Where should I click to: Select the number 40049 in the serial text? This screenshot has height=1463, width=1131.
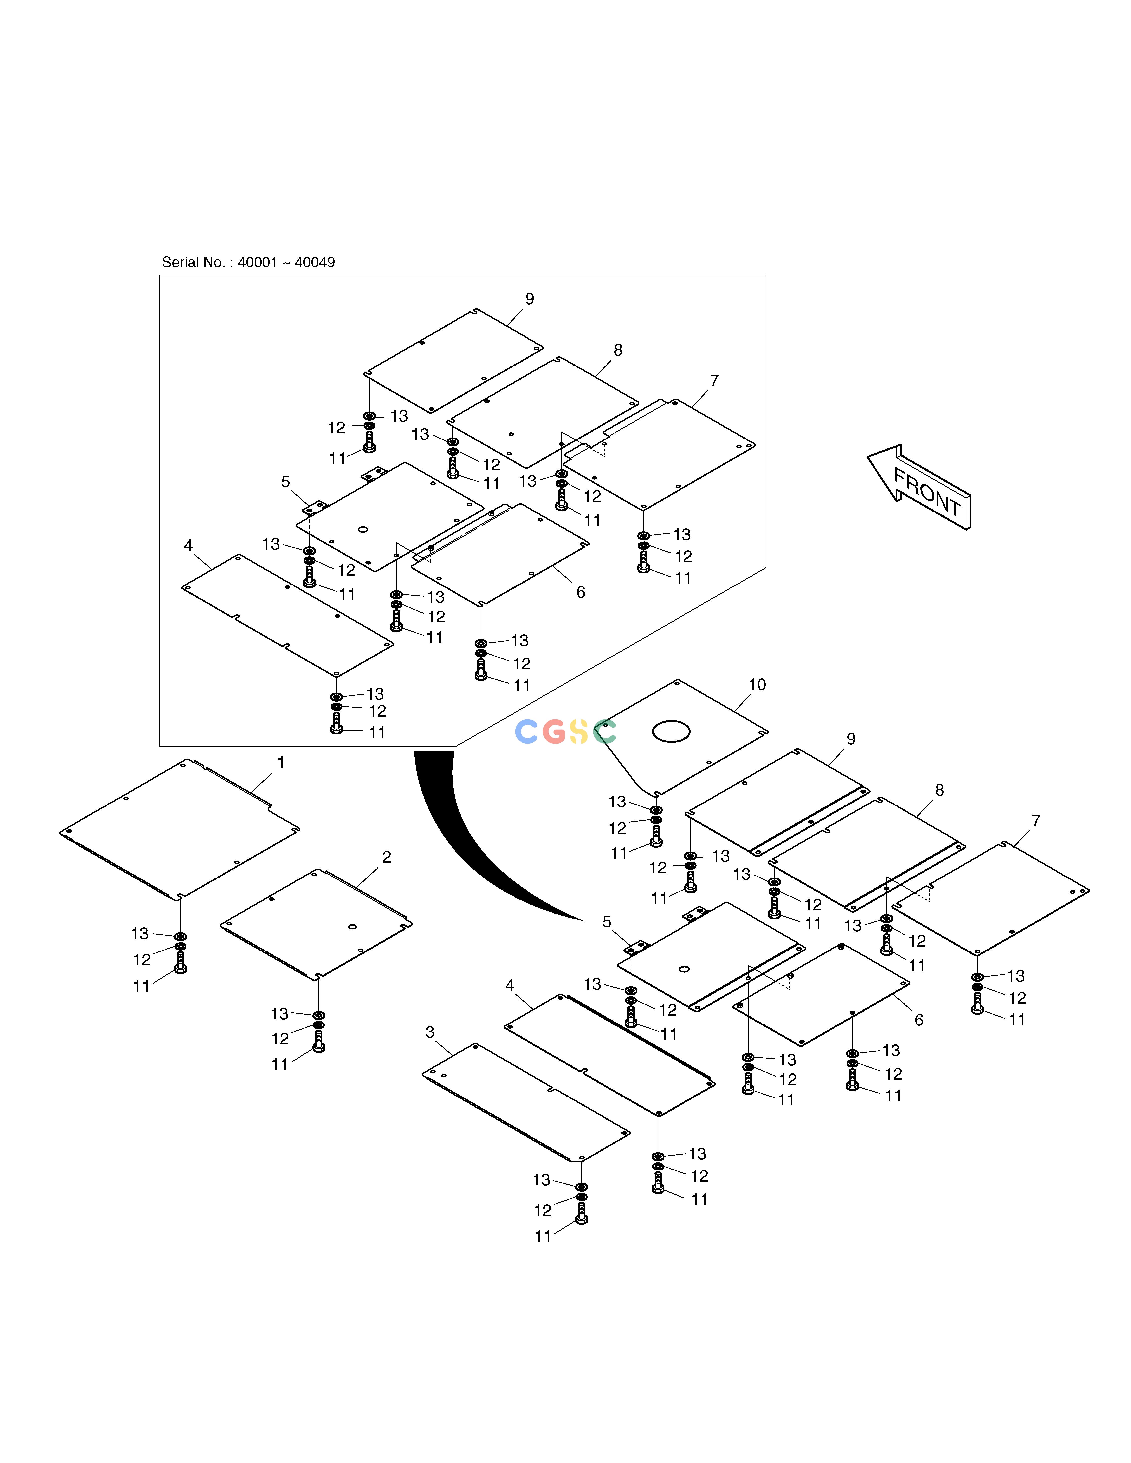click(x=315, y=263)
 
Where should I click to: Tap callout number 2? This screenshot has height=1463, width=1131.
click(x=387, y=857)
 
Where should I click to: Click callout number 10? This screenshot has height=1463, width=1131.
click(x=757, y=685)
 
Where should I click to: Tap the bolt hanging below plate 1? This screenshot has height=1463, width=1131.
click(x=180, y=963)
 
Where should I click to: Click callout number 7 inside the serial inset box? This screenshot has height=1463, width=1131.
click(x=714, y=380)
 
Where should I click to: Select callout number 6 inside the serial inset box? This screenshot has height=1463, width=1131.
click(x=580, y=592)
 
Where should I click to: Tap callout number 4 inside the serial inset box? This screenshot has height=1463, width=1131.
click(x=188, y=545)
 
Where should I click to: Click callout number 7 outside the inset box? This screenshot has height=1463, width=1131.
click(x=1036, y=821)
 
